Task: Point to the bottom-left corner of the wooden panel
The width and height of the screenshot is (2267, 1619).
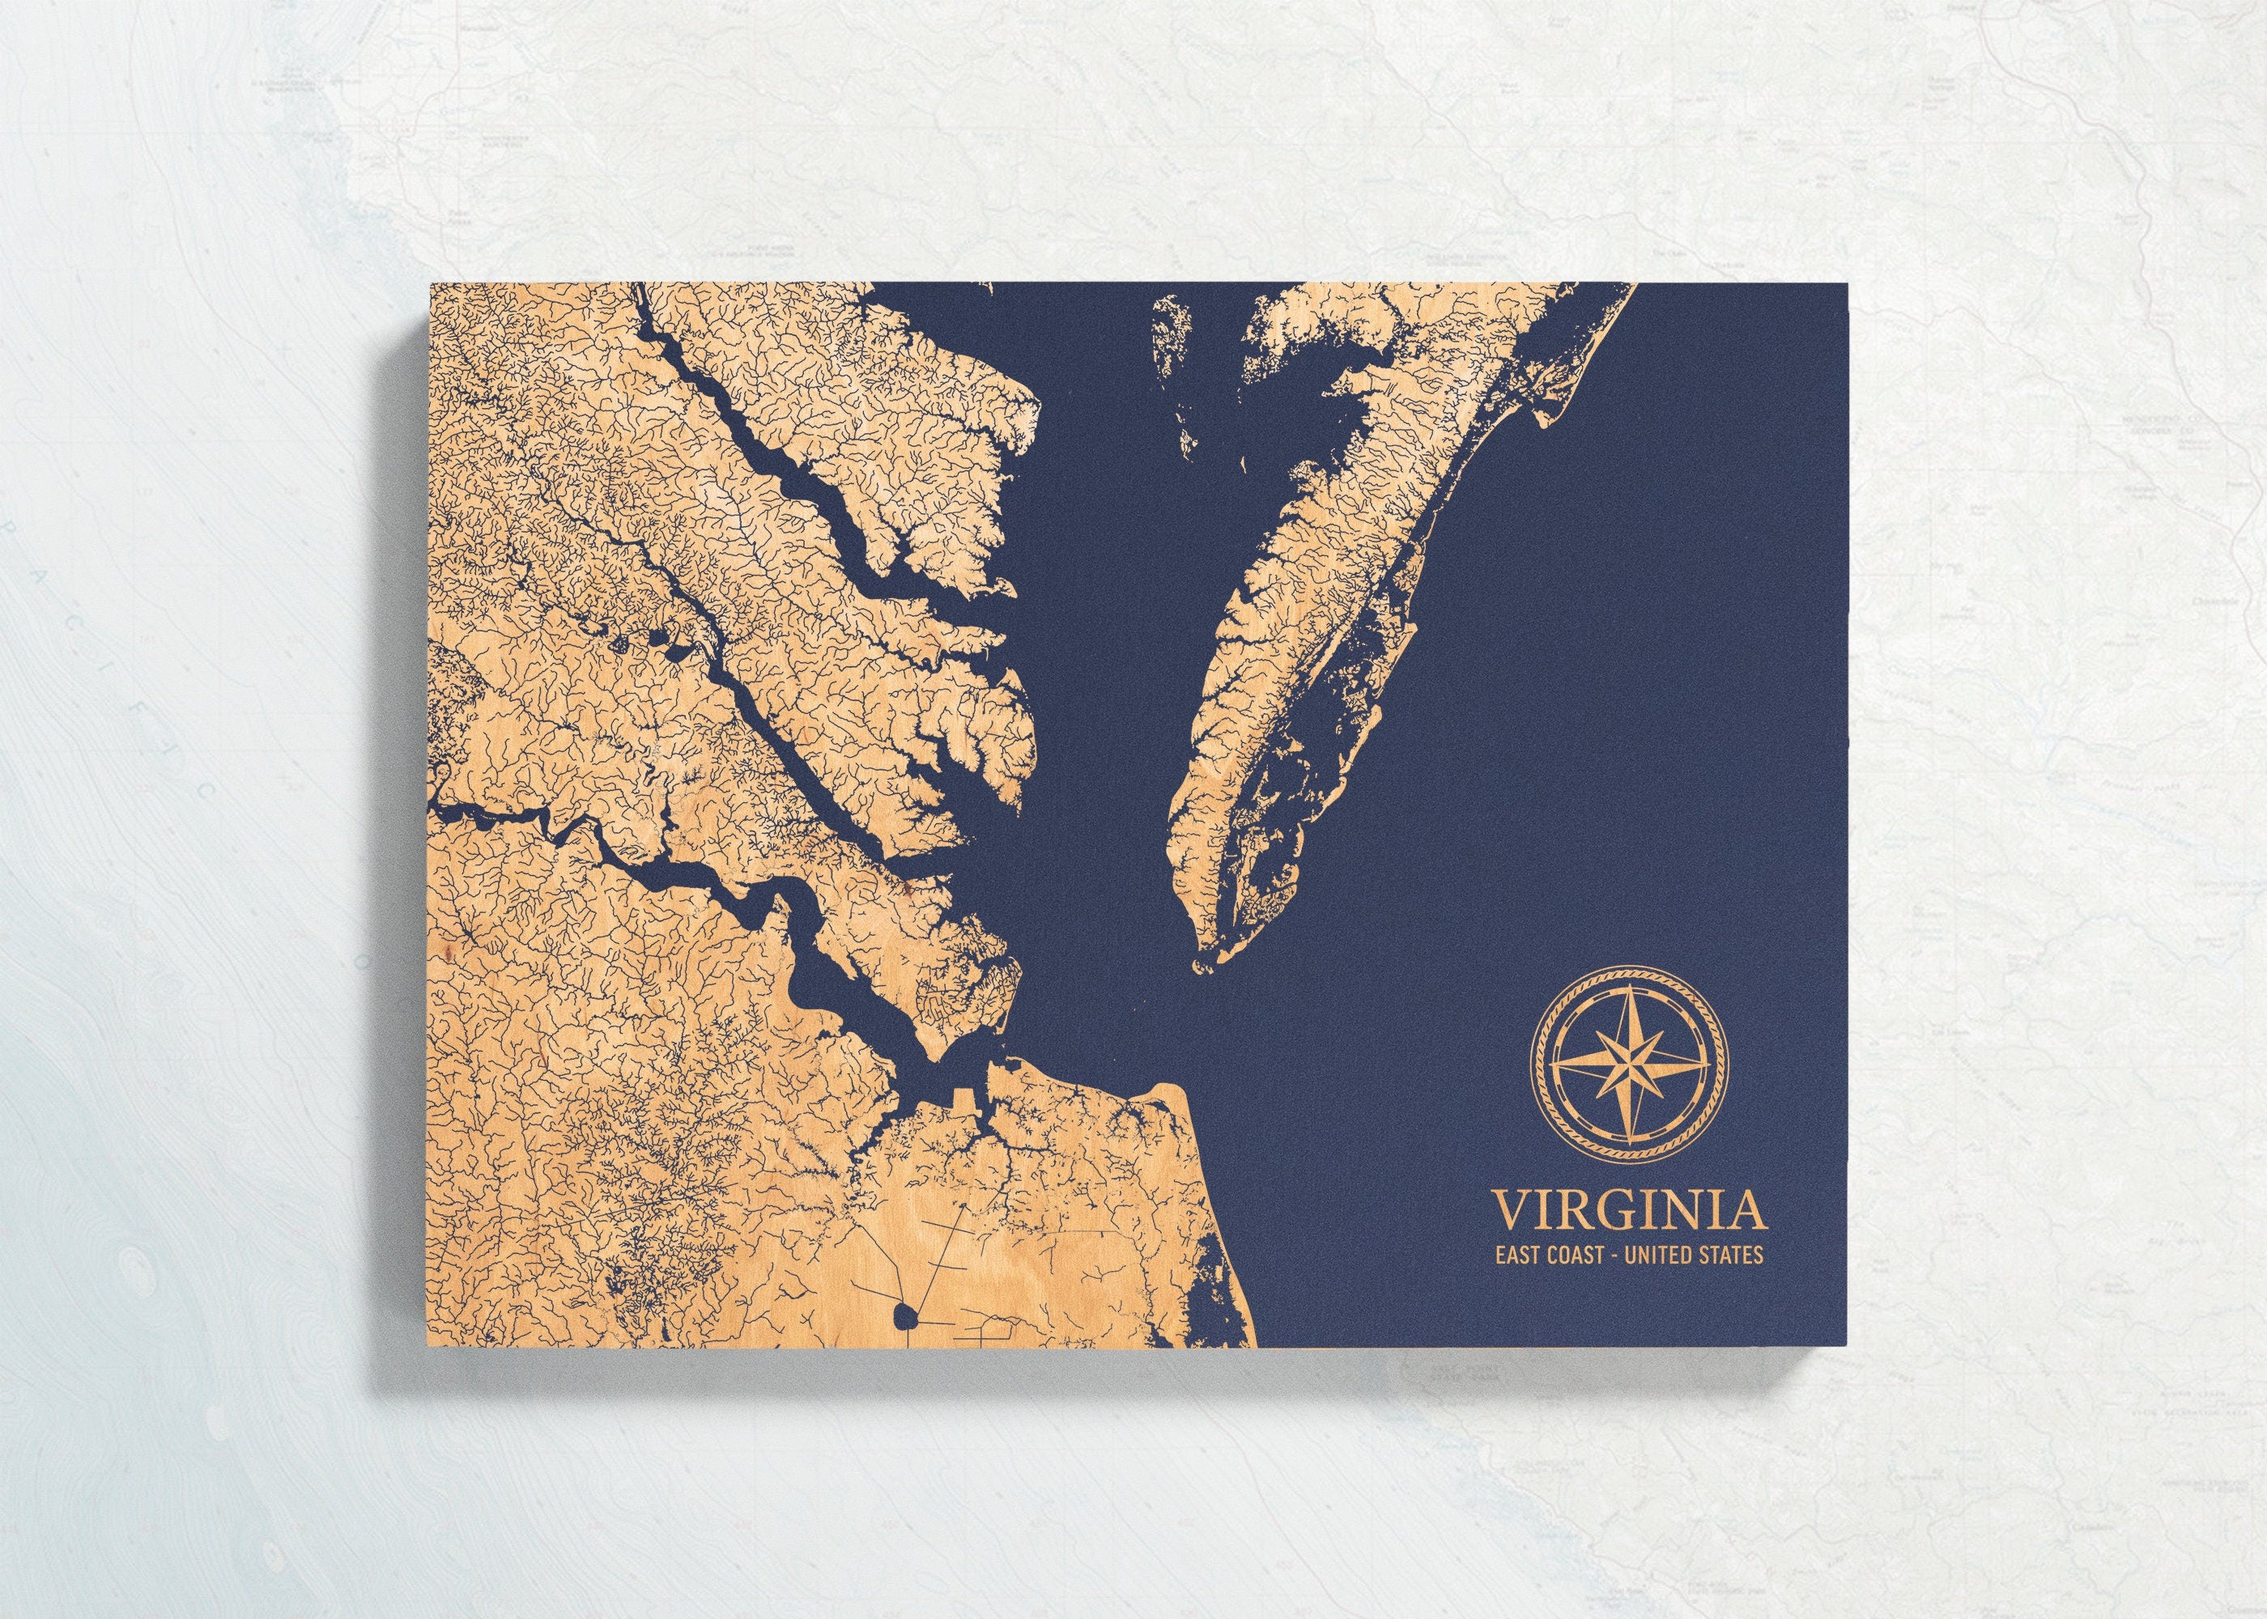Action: coord(431,1348)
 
